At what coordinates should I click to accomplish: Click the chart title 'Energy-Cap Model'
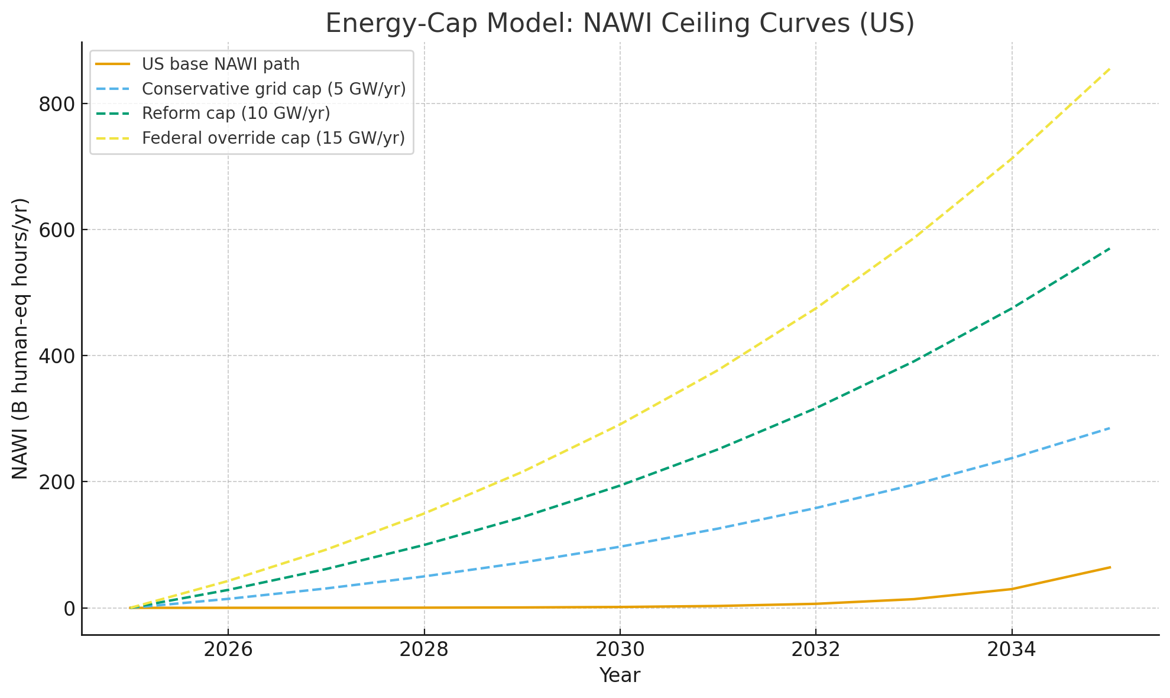coord(620,24)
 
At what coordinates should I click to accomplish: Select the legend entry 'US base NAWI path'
coord(221,64)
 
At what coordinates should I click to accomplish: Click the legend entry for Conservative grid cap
coord(274,89)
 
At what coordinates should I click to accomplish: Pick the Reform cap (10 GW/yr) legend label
coord(236,113)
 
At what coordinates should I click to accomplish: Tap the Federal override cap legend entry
coord(273,138)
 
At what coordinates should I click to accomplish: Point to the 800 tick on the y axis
coord(57,104)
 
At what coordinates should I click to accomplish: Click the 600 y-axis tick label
coord(57,230)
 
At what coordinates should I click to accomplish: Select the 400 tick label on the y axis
coord(57,356)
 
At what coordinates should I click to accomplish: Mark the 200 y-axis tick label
coord(57,482)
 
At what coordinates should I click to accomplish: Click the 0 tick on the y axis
coord(70,609)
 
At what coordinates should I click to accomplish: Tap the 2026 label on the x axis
coord(228,650)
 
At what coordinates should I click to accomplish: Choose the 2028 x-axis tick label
coord(424,650)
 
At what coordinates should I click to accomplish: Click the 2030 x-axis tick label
coord(620,650)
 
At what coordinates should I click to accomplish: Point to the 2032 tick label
coord(816,650)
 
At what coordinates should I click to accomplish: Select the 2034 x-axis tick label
coord(1012,650)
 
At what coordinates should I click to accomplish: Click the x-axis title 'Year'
coord(620,676)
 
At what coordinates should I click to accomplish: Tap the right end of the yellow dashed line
coord(1110,69)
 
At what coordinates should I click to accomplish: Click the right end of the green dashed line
coord(1110,248)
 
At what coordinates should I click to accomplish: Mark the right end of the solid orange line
coord(1110,567)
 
